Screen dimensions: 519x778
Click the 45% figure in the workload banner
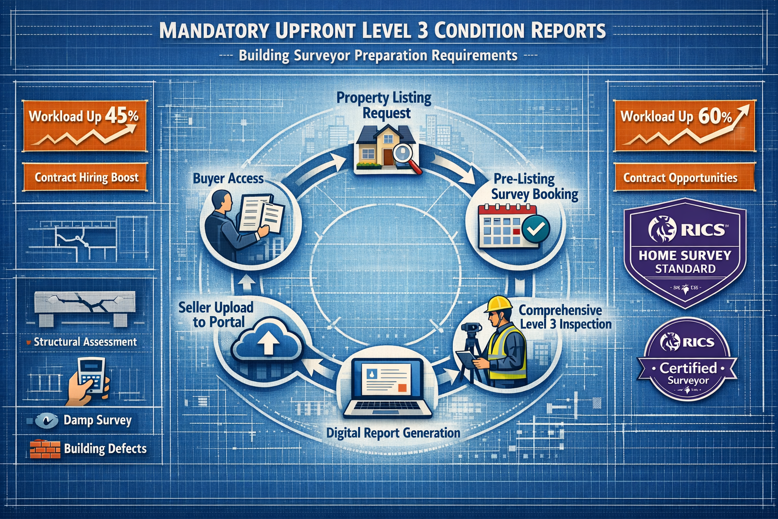(122, 116)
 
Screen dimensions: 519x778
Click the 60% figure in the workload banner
(715, 116)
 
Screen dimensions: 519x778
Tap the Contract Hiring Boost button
(86, 177)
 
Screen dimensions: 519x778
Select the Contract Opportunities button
(680, 178)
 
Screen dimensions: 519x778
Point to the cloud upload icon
(267, 343)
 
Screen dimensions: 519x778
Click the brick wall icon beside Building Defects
(45, 449)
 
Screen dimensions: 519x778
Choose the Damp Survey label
(97, 420)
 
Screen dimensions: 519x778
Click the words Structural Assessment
(85, 342)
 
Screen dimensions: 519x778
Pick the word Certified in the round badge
(688, 367)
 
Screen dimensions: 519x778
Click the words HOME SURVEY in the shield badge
(685, 255)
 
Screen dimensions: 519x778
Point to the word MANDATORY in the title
(214, 30)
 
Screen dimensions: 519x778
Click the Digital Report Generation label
(393, 433)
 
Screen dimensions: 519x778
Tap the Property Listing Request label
(384, 104)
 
